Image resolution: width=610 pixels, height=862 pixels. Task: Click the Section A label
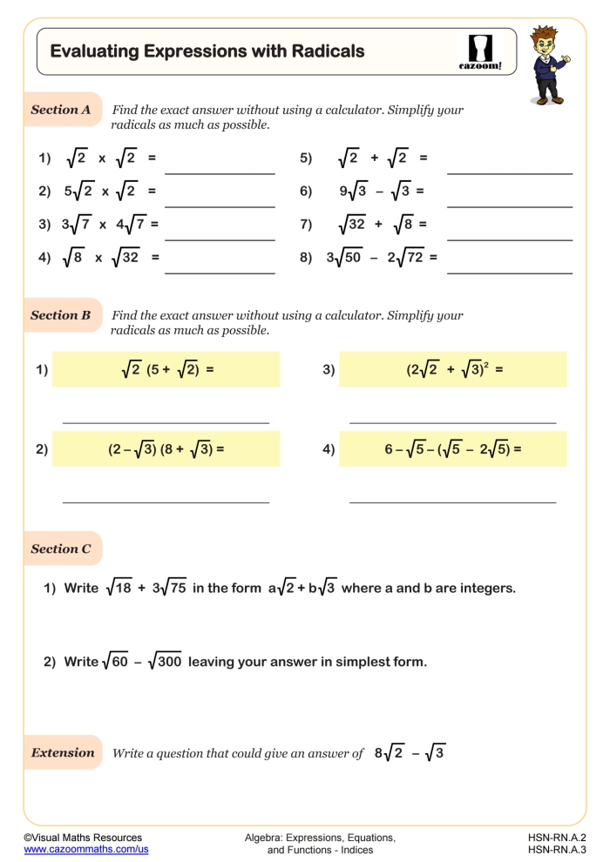coord(61,110)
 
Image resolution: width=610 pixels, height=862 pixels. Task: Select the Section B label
coord(61,315)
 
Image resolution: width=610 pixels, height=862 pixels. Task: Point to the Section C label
coord(61,549)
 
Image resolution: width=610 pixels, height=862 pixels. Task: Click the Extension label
coord(63,752)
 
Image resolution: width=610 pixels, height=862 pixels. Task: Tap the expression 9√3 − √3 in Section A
coord(381,191)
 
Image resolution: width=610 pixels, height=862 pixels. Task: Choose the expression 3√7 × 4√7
coord(109,224)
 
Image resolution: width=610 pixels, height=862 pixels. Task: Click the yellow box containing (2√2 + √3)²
coord(452,369)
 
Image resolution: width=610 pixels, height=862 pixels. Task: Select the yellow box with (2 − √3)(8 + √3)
coord(166,449)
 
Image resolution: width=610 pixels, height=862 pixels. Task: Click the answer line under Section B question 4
coord(452,502)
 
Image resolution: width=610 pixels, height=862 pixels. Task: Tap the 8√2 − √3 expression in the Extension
coord(410,753)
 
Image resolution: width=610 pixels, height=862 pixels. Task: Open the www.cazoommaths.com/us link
coord(85,850)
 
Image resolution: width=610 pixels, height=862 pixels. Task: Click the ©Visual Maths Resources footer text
coord(82,837)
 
